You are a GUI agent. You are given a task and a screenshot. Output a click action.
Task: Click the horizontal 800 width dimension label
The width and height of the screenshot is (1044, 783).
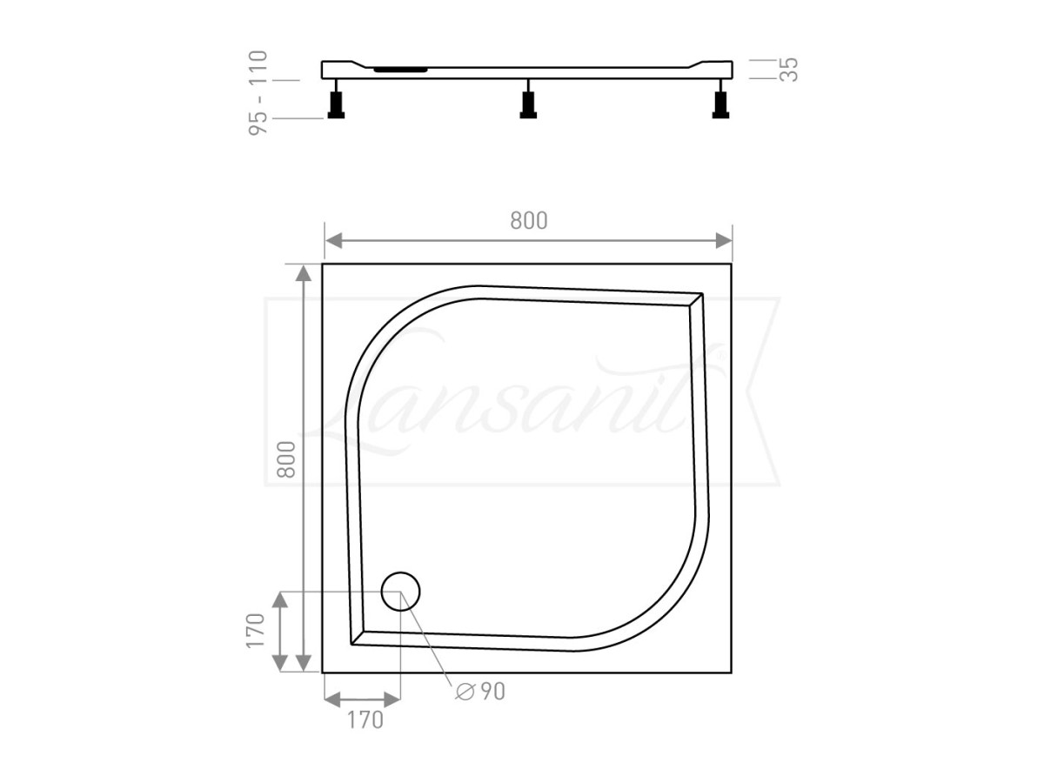click(529, 221)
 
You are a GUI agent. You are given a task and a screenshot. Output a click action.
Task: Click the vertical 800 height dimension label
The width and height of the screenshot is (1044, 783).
click(286, 458)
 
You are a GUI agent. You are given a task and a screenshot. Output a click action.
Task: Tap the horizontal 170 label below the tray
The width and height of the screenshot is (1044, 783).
click(365, 720)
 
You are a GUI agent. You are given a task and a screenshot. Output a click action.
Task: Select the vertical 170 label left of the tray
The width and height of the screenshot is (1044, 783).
click(254, 631)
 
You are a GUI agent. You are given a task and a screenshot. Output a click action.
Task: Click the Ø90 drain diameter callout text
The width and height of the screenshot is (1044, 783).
click(480, 692)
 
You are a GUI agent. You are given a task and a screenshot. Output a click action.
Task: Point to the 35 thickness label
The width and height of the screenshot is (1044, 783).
click(788, 70)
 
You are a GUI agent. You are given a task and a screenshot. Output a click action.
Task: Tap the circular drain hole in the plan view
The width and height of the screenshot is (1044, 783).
click(401, 591)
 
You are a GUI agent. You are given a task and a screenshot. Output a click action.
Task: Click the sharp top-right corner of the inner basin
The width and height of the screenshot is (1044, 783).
click(701, 295)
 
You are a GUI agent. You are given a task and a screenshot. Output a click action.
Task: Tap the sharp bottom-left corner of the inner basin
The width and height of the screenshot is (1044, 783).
click(351, 643)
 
